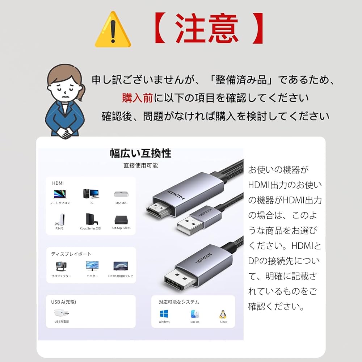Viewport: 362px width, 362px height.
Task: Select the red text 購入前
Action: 138,98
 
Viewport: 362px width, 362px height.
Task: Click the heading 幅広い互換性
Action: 140,153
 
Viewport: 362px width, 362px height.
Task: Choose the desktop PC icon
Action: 91,193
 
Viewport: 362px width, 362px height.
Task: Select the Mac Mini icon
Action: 121,194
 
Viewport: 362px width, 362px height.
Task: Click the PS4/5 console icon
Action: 59,219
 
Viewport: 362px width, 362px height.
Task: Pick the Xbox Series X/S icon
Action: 90,219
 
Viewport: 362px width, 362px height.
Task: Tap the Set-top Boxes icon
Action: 121,220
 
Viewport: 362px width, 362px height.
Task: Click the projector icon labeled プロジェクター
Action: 61,266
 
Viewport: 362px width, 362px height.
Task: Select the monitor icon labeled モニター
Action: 92,266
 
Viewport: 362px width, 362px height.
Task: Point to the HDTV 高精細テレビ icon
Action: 121,266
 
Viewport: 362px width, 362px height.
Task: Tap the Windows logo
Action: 164,313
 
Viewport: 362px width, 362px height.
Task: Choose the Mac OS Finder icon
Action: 195,313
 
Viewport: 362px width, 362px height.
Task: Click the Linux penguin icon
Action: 223,313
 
